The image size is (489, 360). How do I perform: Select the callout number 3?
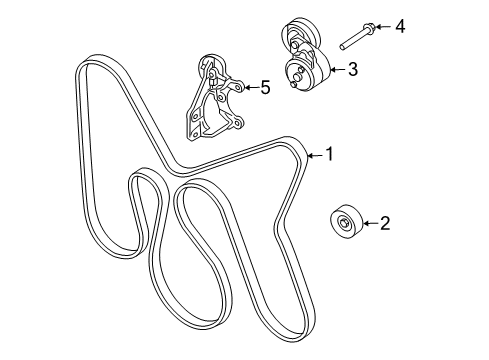point(352,69)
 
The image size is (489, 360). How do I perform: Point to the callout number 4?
point(400,25)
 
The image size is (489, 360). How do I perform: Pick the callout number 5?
point(264,88)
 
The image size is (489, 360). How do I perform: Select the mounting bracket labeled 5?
point(211,101)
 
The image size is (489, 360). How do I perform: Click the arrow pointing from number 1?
point(314,155)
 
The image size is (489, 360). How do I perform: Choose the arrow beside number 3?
point(337,69)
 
